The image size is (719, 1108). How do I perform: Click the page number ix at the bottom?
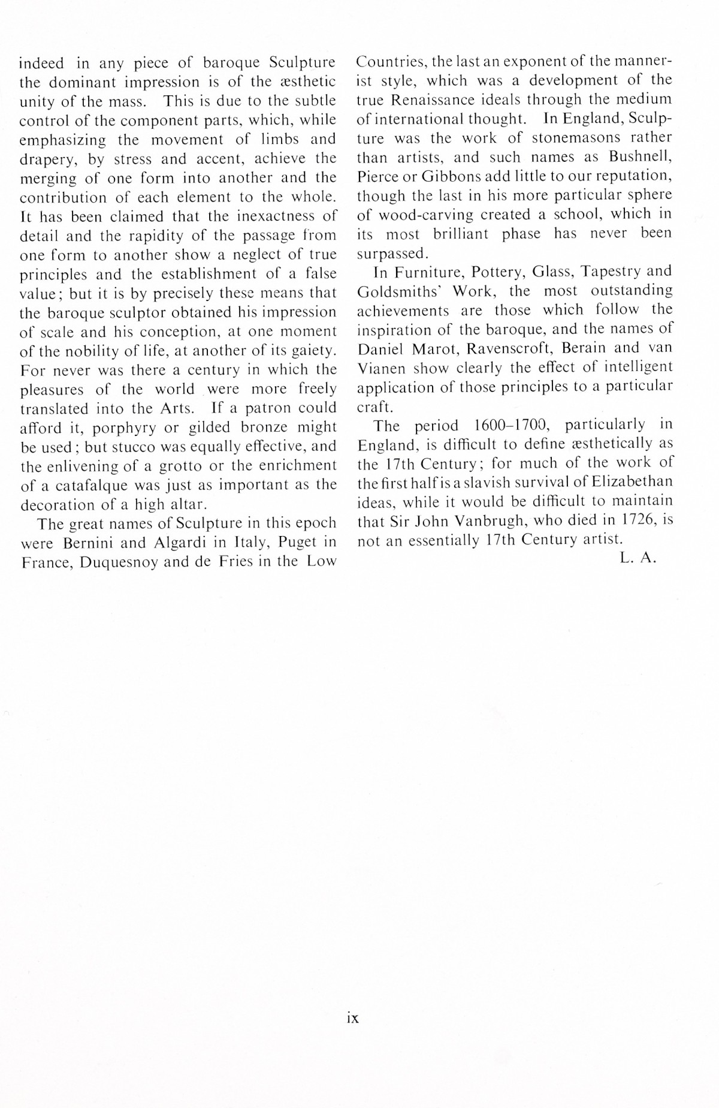click(x=352, y=1017)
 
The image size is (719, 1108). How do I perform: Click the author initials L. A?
click(x=639, y=558)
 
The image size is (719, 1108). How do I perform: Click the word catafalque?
click(x=90, y=485)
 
